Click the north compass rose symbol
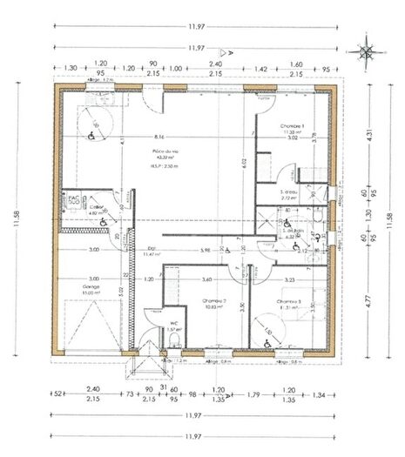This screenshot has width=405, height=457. (367, 51)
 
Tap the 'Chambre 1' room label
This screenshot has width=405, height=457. (292, 127)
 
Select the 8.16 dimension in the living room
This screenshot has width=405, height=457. (159, 138)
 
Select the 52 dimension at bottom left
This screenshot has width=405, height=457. (59, 393)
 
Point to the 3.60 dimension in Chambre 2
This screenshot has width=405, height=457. (207, 279)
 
